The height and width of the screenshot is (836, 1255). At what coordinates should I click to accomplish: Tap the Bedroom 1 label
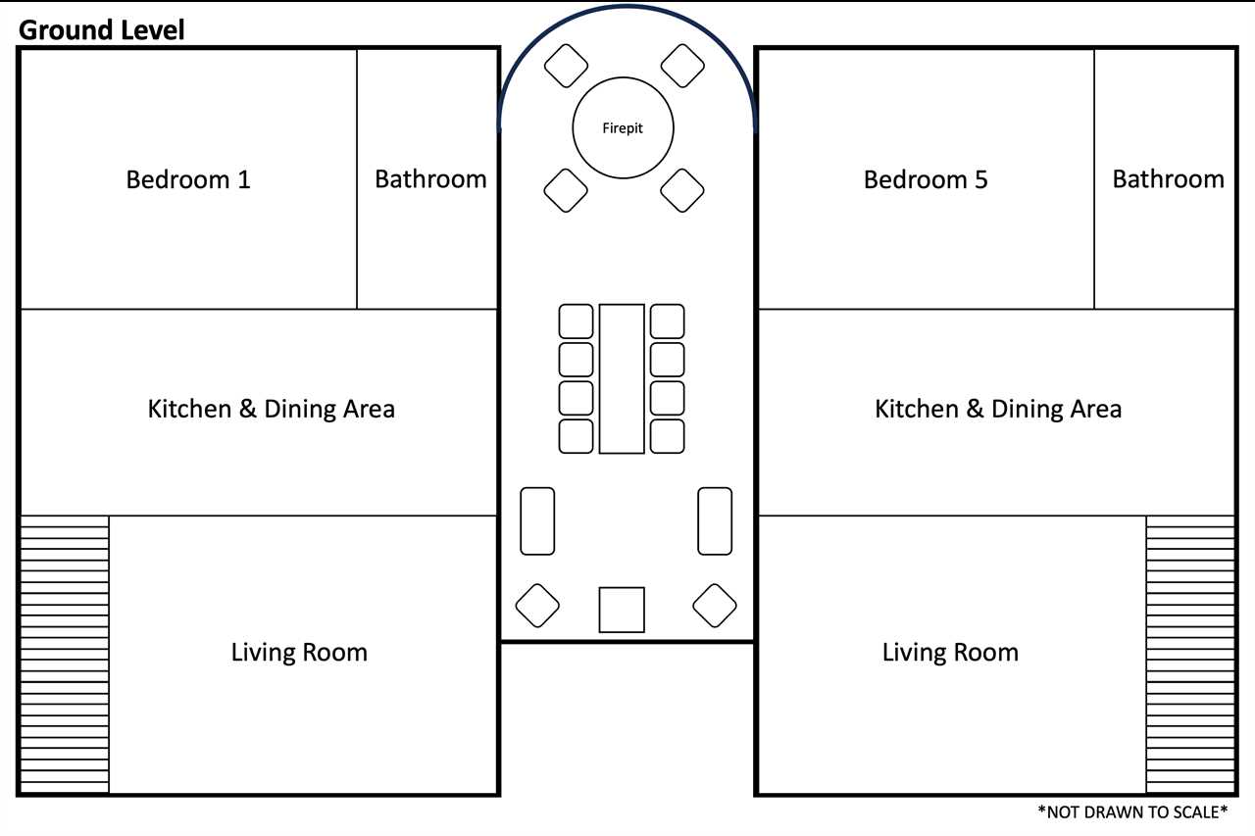coord(187,179)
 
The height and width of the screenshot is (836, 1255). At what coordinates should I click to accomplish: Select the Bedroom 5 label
coord(926,179)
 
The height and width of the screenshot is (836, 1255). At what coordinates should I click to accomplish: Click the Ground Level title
coord(101,29)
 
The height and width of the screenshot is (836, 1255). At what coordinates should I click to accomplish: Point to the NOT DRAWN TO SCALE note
coord(1132,811)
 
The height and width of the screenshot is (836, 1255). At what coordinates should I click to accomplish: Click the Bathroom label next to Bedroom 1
coord(430,179)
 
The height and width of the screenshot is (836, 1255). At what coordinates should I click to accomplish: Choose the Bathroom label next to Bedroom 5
coord(1168,179)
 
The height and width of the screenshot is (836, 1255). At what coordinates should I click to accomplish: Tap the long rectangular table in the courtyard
coord(622,378)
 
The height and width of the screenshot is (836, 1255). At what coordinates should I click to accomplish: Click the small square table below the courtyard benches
coord(622,610)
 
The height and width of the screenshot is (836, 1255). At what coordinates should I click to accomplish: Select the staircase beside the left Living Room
coord(65,654)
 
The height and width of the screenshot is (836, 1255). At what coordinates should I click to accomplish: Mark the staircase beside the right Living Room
coord(1190,654)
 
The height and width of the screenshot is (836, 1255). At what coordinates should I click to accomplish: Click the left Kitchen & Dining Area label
coord(272,409)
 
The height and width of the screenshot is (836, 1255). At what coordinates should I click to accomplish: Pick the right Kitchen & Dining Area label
coord(998,409)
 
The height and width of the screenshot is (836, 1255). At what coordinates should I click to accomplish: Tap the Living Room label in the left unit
coord(299,653)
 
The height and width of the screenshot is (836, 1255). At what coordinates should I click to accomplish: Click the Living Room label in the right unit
coord(950,653)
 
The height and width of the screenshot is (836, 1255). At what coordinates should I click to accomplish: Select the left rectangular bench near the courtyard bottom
coord(537,520)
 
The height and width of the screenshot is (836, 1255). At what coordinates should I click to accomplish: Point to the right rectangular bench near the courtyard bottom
coord(715,520)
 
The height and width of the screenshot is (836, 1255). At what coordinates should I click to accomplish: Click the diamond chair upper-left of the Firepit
coord(566,66)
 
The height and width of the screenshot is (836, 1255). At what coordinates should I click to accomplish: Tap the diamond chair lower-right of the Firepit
coord(681,190)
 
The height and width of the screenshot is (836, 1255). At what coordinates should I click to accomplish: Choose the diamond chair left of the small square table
coord(537,606)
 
